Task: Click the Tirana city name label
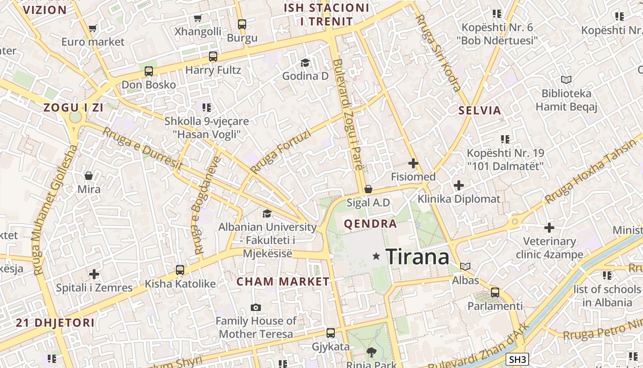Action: click(x=417, y=256)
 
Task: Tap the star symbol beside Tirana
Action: click(x=376, y=256)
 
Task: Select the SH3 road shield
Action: click(x=518, y=359)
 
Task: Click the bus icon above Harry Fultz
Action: click(x=213, y=57)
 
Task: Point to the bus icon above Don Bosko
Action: click(x=149, y=71)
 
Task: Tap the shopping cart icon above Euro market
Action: click(x=92, y=29)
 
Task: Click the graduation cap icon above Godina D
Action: click(x=305, y=63)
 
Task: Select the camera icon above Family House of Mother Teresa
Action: click(x=256, y=307)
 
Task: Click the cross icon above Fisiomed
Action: click(x=413, y=163)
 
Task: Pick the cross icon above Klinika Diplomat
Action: click(x=458, y=185)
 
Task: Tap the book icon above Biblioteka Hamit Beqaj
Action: click(x=566, y=80)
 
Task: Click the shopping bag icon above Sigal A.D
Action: click(x=368, y=189)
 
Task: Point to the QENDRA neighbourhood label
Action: click(x=370, y=224)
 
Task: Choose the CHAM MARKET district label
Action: click(x=283, y=282)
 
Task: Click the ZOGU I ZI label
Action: click(x=73, y=108)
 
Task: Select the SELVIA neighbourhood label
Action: click(x=479, y=110)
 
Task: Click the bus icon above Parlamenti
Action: click(x=495, y=292)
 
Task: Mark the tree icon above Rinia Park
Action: click(x=371, y=352)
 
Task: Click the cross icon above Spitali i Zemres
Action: click(x=94, y=275)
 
